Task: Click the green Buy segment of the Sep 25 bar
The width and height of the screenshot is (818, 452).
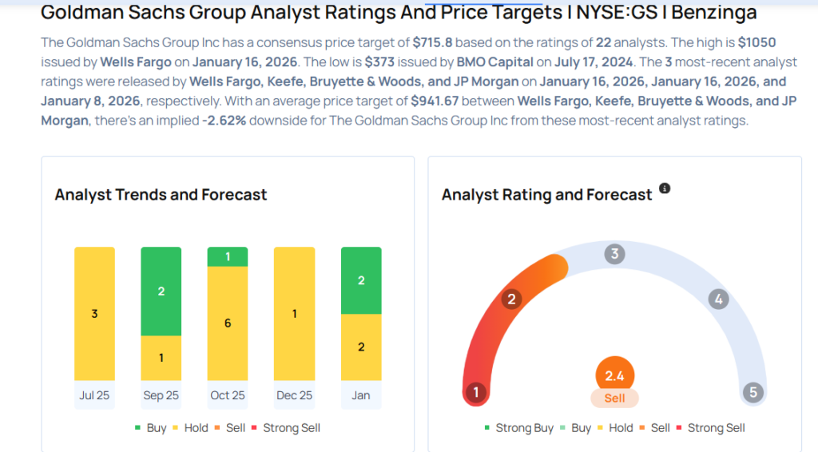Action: pyautogui.click(x=161, y=291)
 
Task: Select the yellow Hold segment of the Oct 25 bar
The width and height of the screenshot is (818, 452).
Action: pyautogui.click(x=228, y=323)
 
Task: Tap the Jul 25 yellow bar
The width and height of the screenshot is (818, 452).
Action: pyautogui.click(x=94, y=313)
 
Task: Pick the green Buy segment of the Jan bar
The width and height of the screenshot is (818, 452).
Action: pyautogui.click(x=360, y=280)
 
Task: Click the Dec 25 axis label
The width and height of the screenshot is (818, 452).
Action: pyautogui.click(x=294, y=395)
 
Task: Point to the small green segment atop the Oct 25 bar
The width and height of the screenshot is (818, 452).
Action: pyautogui.click(x=228, y=256)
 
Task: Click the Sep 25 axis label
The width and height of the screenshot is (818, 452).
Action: pyautogui.click(x=161, y=395)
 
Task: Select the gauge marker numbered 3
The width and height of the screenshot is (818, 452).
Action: pyautogui.click(x=614, y=255)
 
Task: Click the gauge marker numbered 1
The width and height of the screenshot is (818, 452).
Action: pyautogui.click(x=477, y=392)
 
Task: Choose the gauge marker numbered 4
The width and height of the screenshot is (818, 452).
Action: pyautogui.click(x=719, y=299)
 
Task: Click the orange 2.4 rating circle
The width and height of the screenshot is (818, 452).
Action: pyautogui.click(x=614, y=375)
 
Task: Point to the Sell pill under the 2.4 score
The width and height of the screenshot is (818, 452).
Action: pyautogui.click(x=614, y=398)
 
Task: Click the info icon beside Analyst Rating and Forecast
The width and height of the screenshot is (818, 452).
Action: pyautogui.click(x=665, y=188)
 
